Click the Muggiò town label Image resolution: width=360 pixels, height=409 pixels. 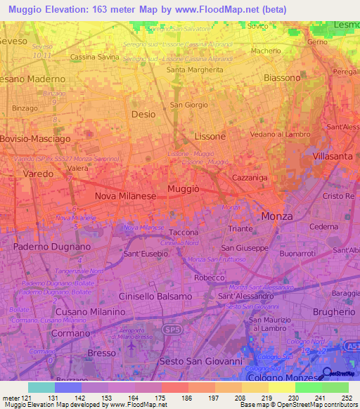[184, 189]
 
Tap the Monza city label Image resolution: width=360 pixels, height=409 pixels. [276, 216]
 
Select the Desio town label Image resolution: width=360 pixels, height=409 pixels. [143, 113]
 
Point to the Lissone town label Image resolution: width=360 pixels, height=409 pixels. [210, 136]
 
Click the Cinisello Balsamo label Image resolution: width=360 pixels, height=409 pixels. [155, 297]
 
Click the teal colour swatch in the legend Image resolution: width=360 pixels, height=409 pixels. [41, 387]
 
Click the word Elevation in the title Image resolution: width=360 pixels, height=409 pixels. [68, 9]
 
